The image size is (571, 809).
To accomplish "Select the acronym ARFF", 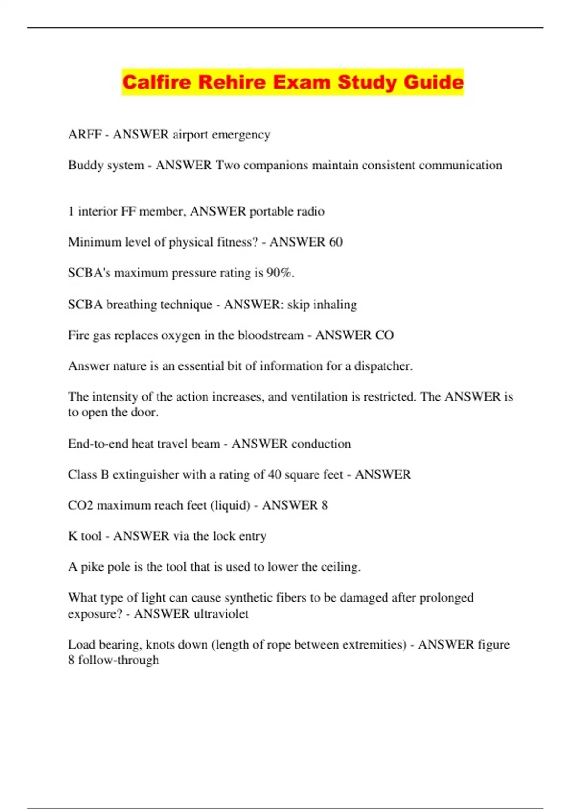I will pos(85,135).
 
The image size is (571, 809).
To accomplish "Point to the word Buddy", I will pos(82,165).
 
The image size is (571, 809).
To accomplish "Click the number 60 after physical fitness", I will pos(335,242).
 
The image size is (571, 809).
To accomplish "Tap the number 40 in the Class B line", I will pos(274,474).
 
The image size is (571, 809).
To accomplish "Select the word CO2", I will pos(80,505).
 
